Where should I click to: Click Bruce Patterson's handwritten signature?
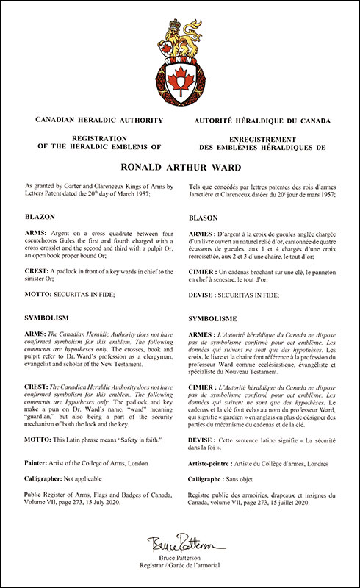(179, 545)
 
